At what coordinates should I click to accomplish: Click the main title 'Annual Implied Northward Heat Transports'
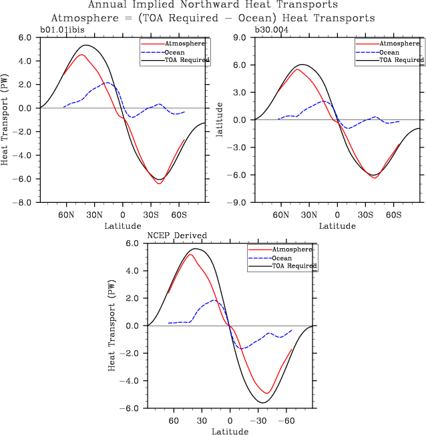213,5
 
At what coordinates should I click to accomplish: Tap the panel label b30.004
273,29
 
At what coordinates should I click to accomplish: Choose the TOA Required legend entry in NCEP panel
294,266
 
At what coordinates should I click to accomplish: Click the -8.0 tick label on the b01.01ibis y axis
24,202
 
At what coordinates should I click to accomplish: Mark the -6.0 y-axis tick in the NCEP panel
131,408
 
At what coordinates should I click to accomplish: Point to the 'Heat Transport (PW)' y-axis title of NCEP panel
112,326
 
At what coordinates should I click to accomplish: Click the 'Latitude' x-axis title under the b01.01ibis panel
122,226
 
